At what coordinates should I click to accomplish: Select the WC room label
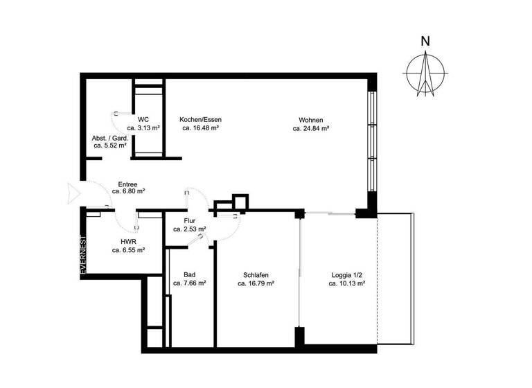[143, 119]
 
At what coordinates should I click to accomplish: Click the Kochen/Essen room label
[200, 119]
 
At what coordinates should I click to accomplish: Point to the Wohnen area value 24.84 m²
[310, 128]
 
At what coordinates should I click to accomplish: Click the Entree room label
[127, 184]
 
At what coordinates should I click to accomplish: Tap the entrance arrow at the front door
[73, 193]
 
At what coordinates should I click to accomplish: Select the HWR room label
[127, 241]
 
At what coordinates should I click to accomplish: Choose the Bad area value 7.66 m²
[189, 283]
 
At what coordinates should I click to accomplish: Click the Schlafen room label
[256, 275]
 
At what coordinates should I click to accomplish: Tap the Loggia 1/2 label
[346, 275]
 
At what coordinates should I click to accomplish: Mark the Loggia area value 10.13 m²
[346, 284]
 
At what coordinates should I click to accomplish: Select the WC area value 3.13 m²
[144, 128]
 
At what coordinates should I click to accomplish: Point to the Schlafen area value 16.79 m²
[256, 284]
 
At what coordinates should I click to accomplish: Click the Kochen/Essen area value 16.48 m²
[201, 128]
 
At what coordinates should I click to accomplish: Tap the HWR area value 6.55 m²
[127, 250]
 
